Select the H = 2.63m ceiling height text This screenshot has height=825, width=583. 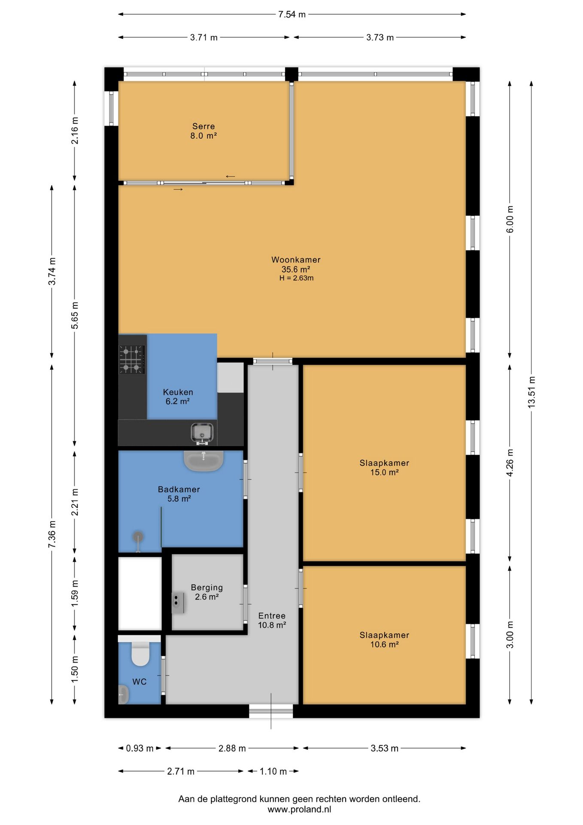[296, 278]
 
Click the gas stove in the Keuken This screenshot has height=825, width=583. [132, 359]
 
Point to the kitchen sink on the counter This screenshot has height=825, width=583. [202, 433]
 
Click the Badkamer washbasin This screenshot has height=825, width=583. [203, 460]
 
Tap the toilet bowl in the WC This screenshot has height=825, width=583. [140, 654]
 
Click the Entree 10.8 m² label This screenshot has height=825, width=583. [272, 620]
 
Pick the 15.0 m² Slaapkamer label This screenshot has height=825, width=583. [384, 467]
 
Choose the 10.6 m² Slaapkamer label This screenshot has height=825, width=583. [384, 639]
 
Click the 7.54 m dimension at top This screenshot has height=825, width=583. [292, 15]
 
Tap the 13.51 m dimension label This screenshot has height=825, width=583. [531, 392]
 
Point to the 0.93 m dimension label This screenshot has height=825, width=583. [140, 748]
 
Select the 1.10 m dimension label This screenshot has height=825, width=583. [273, 771]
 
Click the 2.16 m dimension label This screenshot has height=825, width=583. [75, 131]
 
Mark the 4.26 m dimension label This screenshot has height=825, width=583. [510, 463]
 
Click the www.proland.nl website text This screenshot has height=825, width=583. [299, 810]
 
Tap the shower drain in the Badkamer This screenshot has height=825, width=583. [138, 537]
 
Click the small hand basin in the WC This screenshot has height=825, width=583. [123, 694]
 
